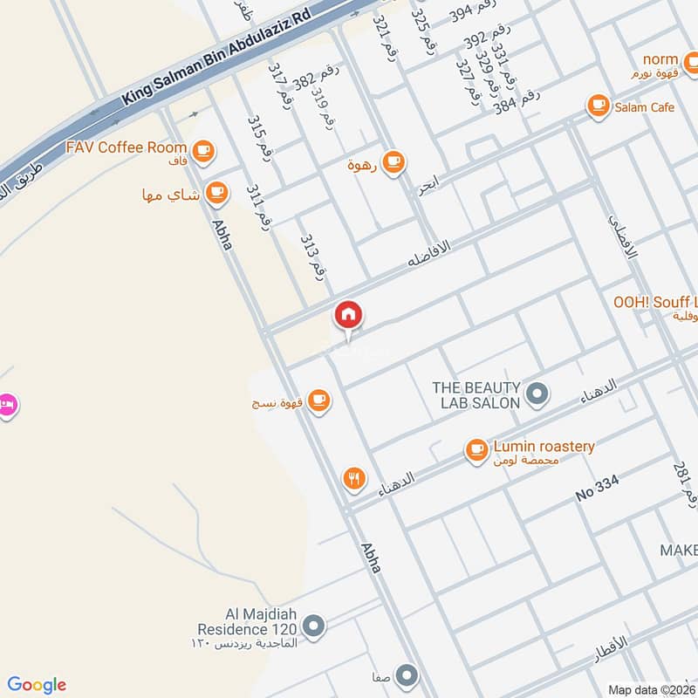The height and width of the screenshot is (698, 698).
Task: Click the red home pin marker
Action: [348, 315]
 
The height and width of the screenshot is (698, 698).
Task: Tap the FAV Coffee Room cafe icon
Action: [203, 151]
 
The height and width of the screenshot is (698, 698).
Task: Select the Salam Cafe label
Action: [644, 106]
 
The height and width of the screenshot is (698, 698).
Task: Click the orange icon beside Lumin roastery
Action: [476, 449]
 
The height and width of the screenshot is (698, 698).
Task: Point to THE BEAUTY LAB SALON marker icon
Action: [538, 393]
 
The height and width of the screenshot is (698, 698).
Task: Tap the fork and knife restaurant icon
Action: [353, 477]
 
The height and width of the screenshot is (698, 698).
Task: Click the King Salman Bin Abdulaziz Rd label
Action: [216, 54]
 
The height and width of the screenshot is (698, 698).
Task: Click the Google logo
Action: [36, 685]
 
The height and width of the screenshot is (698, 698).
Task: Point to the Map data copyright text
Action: [652, 689]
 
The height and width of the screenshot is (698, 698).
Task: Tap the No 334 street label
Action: [597, 494]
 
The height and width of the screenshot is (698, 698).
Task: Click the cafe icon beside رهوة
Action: [394, 161]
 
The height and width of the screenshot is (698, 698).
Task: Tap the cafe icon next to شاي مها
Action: [216, 192]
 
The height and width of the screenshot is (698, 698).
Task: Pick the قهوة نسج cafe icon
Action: [319, 400]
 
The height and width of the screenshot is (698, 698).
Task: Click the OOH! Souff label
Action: [654, 301]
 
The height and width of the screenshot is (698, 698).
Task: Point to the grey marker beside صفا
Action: [407, 674]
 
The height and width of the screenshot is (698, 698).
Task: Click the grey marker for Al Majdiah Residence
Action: [314, 625]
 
